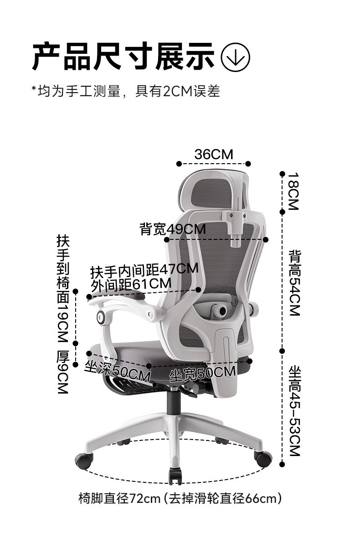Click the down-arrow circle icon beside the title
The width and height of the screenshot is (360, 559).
point(235,57)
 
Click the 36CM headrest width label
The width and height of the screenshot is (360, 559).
point(213,154)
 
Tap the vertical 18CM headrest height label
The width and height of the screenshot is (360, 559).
point(293,191)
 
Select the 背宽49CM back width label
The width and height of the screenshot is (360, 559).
point(172,229)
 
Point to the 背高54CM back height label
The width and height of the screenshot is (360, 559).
point(294,283)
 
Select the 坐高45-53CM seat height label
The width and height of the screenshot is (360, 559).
point(294,410)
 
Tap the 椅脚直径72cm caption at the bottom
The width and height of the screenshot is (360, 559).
point(180,498)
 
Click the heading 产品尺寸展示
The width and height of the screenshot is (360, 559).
point(123,57)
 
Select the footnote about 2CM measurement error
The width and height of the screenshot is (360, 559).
point(125,91)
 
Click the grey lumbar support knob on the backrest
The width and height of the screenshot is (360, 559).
point(221,311)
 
